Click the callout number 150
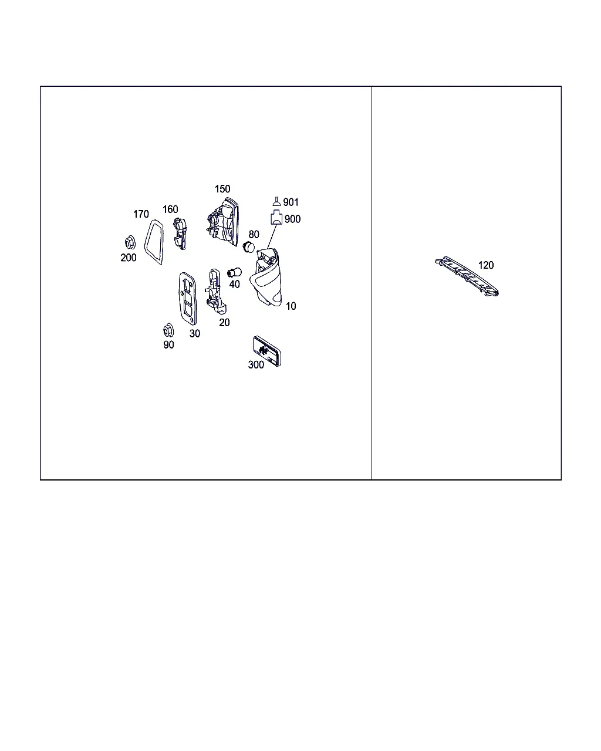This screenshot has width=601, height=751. coord(222,189)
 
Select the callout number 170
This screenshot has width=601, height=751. coord(141,214)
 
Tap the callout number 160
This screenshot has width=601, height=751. coord(170,209)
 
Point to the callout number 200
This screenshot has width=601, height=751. coord(128,258)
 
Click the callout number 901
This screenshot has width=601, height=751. coord(291,202)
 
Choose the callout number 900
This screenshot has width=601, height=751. coord(292,219)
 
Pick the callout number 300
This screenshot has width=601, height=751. coord(256,365)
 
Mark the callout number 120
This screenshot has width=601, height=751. coord(486,265)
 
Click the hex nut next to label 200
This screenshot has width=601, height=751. coord(130,242)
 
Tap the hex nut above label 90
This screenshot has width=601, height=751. coord(168,330)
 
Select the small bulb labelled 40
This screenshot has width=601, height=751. coord(234,272)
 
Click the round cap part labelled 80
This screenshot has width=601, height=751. coord(249,247)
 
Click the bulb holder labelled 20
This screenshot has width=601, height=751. coord(215,291)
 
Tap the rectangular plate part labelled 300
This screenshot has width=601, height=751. coord(267,351)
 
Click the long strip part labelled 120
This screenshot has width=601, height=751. coord(467,276)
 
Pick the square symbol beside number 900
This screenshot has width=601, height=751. coord(276,218)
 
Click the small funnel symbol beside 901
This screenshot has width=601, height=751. coord(276,201)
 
